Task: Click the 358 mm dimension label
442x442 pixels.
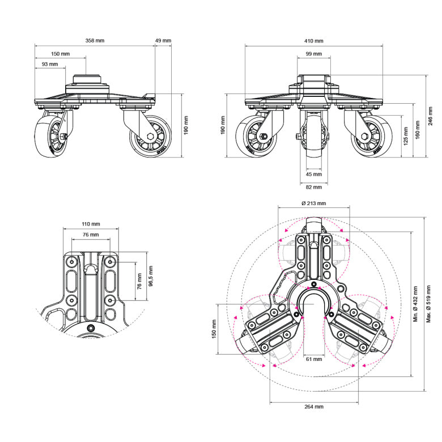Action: point(95,41)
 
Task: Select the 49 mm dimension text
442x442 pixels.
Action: point(163,41)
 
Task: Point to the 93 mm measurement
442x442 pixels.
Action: point(50,65)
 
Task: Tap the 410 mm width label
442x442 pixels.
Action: point(314,41)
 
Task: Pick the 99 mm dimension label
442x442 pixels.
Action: point(313,54)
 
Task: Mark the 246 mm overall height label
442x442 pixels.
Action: point(430,116)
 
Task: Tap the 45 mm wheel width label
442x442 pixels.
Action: point(313,174)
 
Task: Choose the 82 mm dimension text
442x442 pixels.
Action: point(313,186)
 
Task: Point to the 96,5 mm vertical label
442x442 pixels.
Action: point(150,277)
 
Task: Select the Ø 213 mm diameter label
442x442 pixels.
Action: point(313,203)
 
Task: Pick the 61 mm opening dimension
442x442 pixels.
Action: point(313,359)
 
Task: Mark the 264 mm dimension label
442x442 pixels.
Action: point(313,407)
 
